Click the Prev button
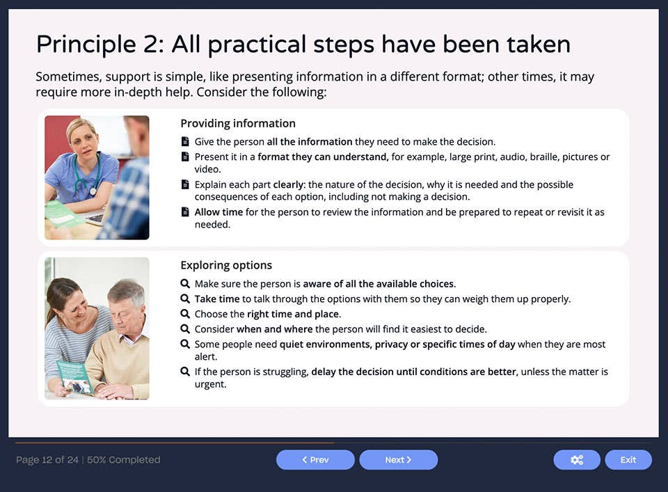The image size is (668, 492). [315, 460]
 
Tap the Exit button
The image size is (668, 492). [628, 460]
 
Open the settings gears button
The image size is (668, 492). [576, 460]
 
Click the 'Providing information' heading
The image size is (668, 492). [238, 123]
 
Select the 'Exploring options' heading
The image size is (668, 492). [226, 265]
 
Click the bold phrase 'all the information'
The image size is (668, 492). [310, 142]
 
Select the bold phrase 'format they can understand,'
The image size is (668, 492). [323, 157]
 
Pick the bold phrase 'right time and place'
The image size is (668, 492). [293, 315]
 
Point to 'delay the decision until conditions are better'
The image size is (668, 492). [413, 372]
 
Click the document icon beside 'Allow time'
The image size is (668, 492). [185, 212]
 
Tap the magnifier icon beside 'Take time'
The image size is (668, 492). [185, 299]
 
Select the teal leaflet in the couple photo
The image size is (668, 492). [73, 376]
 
